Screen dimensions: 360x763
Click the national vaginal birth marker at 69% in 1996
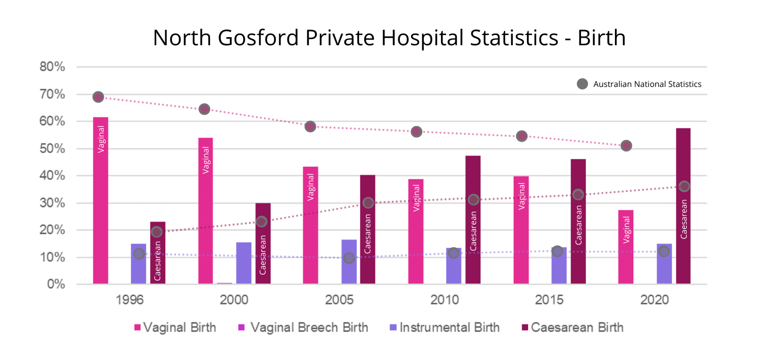pyautogui.click(x=98, y=97)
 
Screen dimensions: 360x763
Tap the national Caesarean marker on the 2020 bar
pyautogui.click(x=684, y=186)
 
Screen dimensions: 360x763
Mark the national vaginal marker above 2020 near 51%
pyautogui.click(x=626, y=145)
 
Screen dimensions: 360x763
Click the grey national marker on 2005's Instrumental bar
pyautogui.click(x=348, y=258)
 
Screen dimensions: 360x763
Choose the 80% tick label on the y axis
pyautogui.click(x=53, y=67)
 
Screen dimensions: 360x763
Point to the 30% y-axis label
pyautogui.click(x=53, y=203)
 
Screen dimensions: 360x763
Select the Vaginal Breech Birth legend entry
pyautogui.click(x=302, y=327)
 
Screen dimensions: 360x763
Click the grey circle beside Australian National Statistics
pyautogui.click(x=582, y=84)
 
